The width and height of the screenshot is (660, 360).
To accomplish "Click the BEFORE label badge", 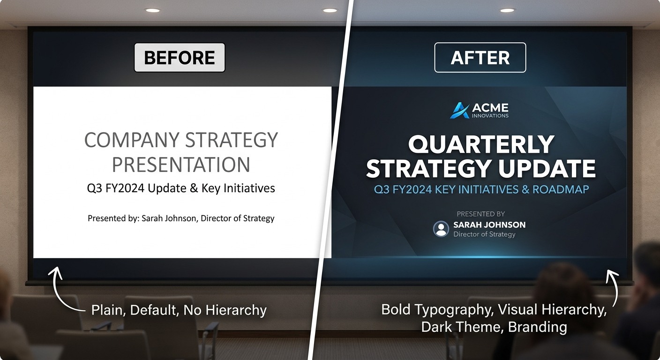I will pyautogui.click(x=180, y=58).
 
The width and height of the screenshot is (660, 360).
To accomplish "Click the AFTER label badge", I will pyautogui.click(x=480, y=58).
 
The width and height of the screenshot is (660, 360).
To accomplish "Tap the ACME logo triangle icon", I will pyautogui.click(x=459, y=111).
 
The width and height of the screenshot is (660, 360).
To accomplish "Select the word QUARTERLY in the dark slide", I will pyautogui.click(x=481, y=144).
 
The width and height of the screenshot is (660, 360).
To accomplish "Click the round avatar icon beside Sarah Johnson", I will pyautogui.click(x=441, y=229).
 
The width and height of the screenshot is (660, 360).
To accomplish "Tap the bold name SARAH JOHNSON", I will pyautogui.click(x=489, y=225).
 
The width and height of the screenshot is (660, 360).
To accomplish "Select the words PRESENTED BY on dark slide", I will pyautogui.click(x=481, y=214).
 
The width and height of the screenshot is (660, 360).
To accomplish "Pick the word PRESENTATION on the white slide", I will pyautogui.click(x=181, y=165).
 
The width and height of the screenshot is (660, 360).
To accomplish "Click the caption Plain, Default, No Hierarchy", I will pyautogui.click(x=179, y=310).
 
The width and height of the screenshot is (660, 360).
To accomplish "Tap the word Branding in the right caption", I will pyautogui.click(x=537, y=327).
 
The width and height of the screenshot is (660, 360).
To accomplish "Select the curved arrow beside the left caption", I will pyautogui.click(x=64, y=291).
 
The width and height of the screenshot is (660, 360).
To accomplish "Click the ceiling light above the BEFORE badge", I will pyautogui.click(x=152, y=10).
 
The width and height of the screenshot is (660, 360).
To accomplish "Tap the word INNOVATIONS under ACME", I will pyautogui.click(x=490, y=116).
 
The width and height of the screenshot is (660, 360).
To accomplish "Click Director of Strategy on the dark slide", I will pyautogui.click(x=484, y=234).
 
